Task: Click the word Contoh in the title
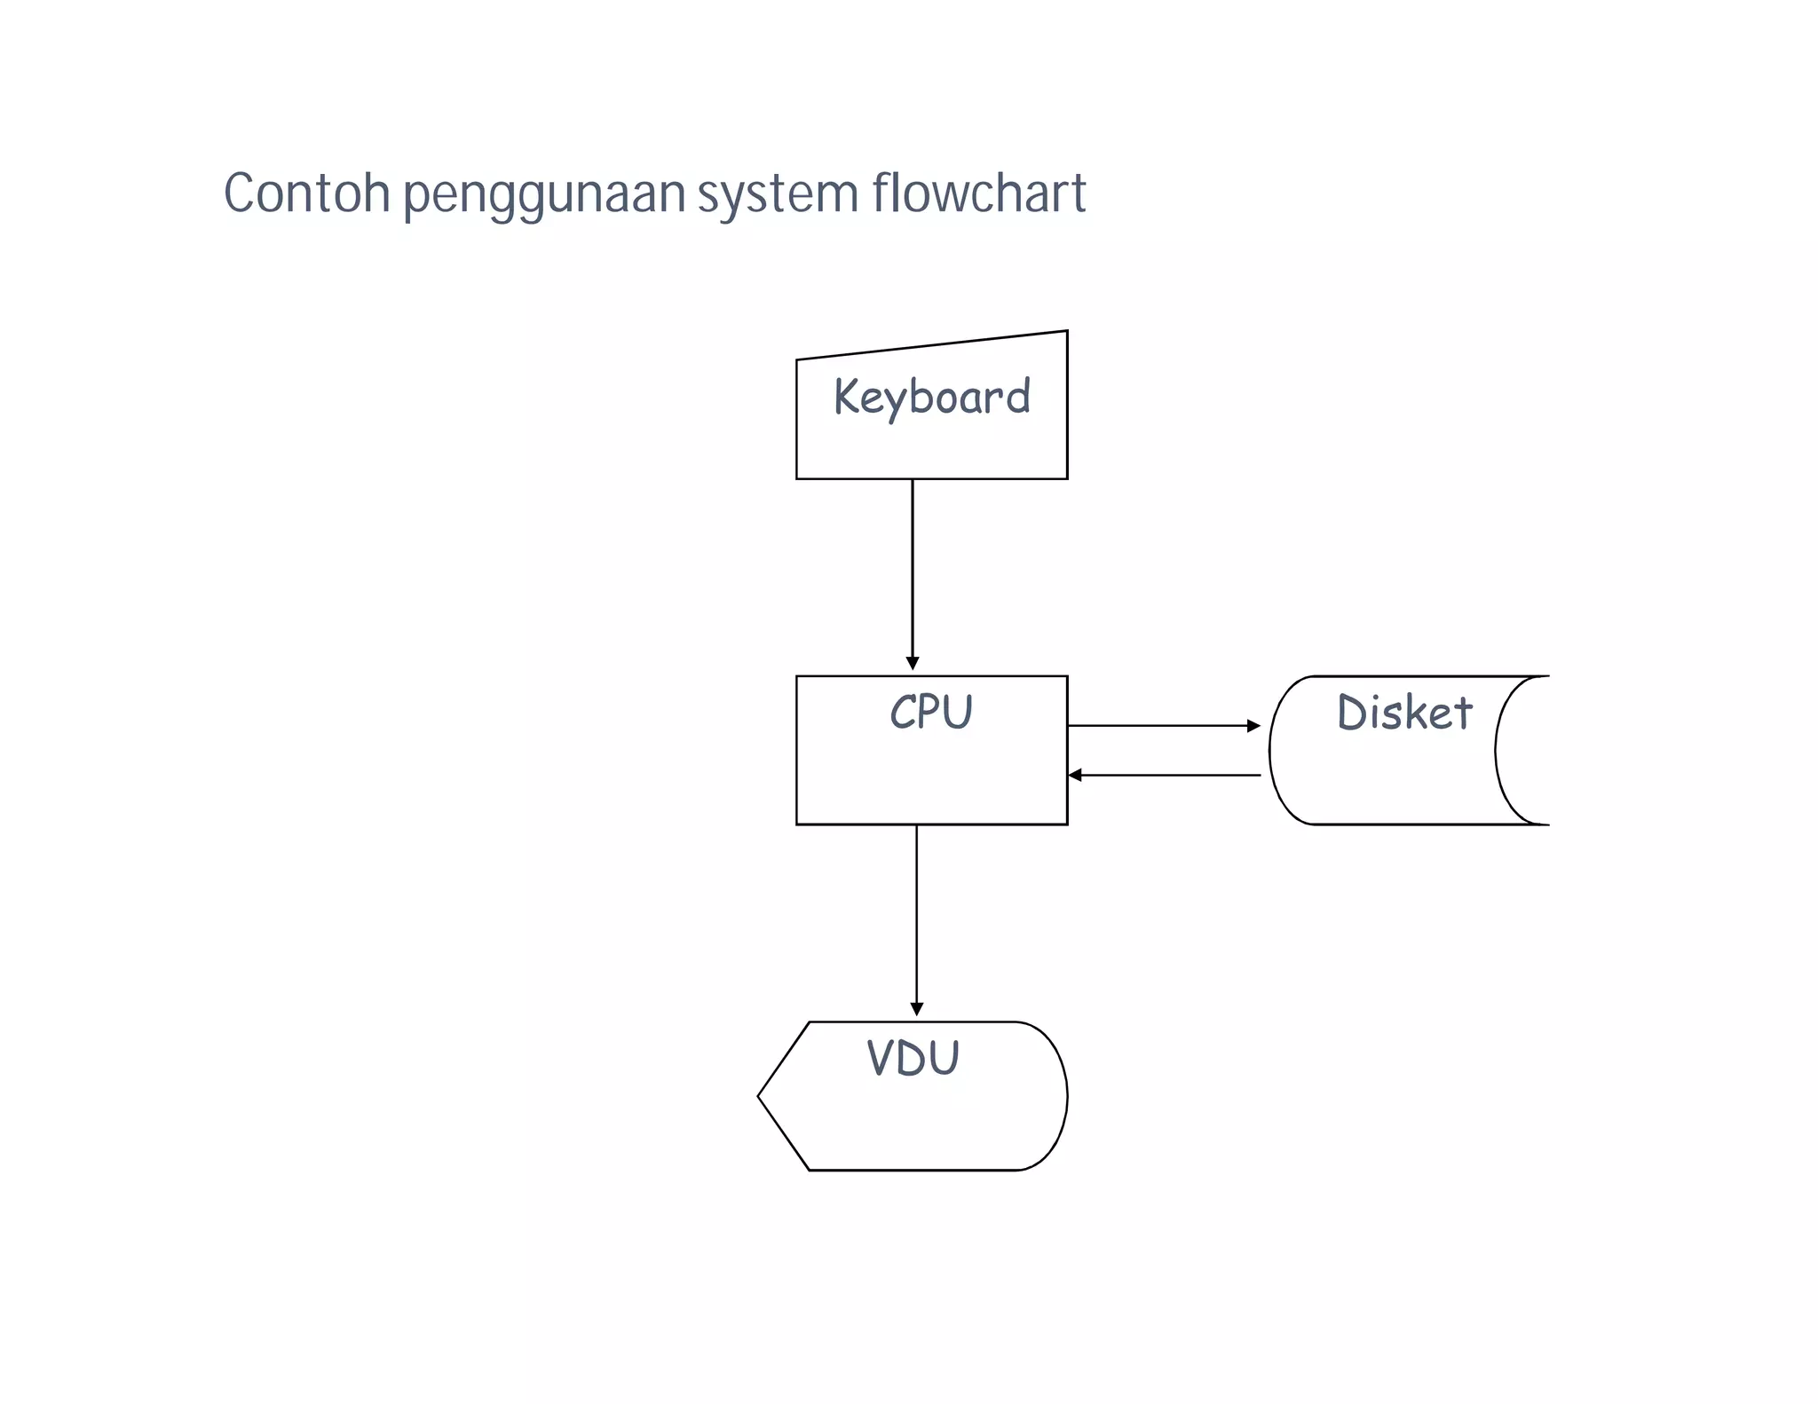coord(306,193)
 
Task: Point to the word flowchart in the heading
coord(978,193)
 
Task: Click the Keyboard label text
coord(931,397)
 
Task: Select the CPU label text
coord(931,713)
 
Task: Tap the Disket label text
coord(1404,713)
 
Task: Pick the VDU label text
coord(913,1058)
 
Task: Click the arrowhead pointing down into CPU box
coord(913,664)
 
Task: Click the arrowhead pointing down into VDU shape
coord(917,1009)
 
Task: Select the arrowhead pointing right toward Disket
coord(1253,726)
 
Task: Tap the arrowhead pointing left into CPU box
coord(1075,776)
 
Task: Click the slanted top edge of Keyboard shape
coord(932,345)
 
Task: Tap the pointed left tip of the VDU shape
coord(760,1096)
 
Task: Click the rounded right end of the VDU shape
coord(1064,1096)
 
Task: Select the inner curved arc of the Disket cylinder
coord(1497,750)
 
